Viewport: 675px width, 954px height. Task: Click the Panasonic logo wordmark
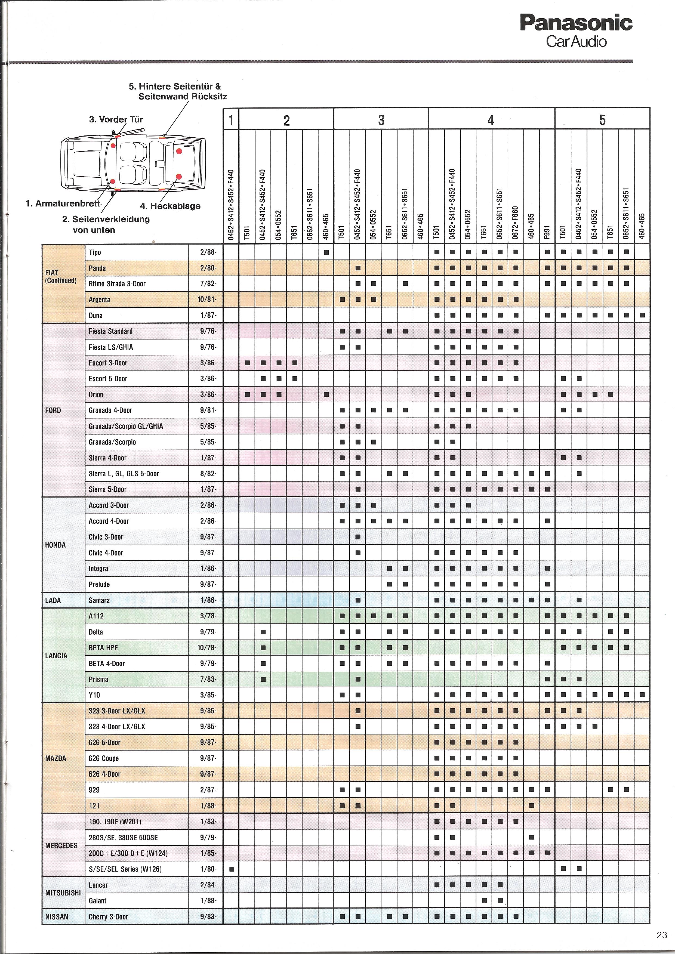coord(576,23)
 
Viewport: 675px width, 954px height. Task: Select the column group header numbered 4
coord(491,121)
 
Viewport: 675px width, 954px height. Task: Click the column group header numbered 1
coord(231,121)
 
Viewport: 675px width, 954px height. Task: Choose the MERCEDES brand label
coord(61,845)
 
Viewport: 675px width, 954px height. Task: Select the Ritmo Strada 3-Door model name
coord(117,284)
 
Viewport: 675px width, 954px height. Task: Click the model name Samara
coord(99,600)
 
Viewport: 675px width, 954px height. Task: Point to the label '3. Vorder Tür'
coord(116,120)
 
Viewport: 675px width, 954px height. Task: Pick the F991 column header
coord(547,233)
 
